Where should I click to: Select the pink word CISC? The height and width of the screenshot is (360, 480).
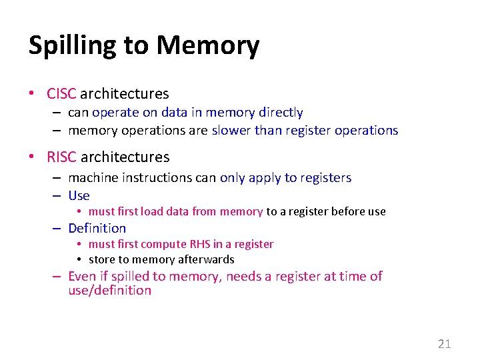(61, 94)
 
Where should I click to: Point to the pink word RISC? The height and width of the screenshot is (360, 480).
(61, 157)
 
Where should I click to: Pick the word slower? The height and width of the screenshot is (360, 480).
(231, 131)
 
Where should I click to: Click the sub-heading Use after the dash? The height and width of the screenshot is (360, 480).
(79, 195)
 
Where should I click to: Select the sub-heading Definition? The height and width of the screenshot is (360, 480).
(97, 228)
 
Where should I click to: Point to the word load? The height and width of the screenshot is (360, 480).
(152, 212)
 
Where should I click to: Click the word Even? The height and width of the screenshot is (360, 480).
(83, 276)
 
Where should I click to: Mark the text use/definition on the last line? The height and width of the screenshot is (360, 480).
(109, 291)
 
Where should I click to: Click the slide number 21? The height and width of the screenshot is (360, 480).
(444, 344)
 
